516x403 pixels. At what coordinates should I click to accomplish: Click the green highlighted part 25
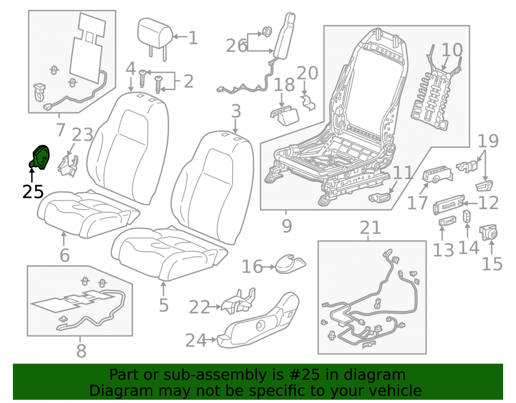click(x=40, y=158)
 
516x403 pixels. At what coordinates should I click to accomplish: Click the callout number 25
click(x=33, y=191)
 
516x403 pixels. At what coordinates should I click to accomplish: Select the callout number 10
click(x=452, y=50)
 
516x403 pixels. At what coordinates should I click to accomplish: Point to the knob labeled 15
click(x=488, y=233)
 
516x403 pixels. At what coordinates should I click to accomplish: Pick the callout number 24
click(x=196, y=340)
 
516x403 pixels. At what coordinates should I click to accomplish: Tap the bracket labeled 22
click(x=239, y=301)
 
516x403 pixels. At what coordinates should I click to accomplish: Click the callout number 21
click(x=370, y=228)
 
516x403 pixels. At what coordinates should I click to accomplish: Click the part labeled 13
click(x=447, y=221)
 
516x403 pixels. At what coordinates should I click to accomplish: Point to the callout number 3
click(x=236, y=111)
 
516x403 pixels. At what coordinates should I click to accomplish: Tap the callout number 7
click(x=60, y=130)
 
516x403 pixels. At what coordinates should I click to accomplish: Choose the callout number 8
click(x=82, y=351)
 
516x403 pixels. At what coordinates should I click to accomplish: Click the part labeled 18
click(x=285, y=116)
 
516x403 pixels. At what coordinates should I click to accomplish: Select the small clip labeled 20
click(x=308, y=102)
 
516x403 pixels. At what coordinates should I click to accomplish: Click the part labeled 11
click(x=379, y=198)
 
